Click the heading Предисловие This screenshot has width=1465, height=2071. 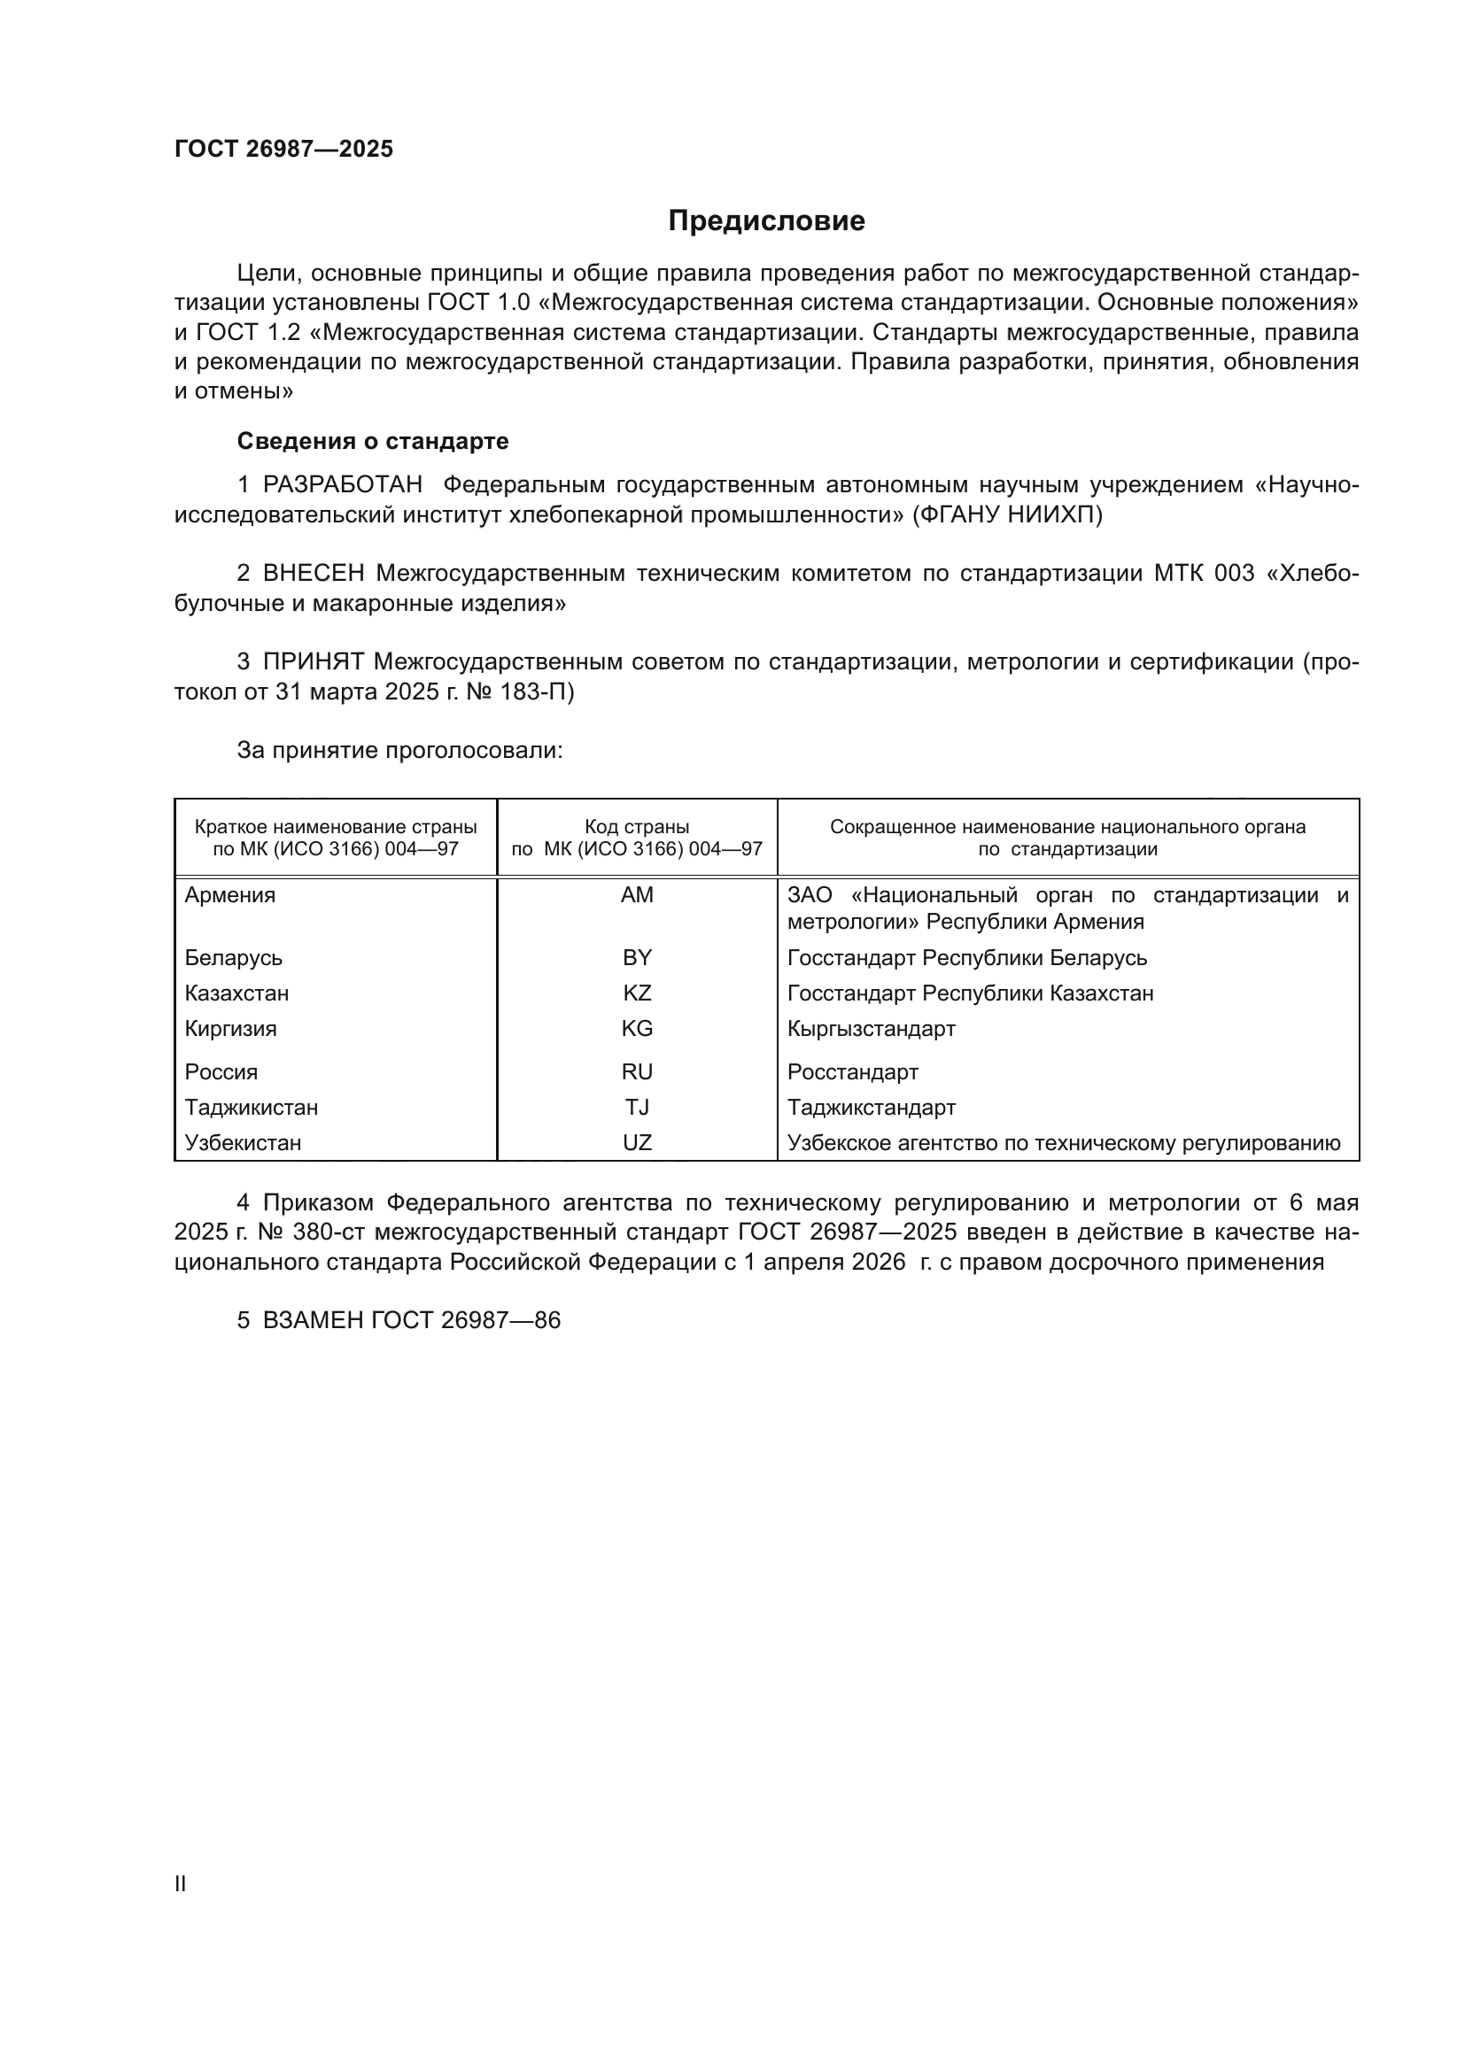click(x=766, y=221)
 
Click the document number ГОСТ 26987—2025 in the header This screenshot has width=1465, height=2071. click(x=283, y=149)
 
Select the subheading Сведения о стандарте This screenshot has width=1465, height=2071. click(x=373, y=441)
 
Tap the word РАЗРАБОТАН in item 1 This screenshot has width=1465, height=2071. click(x=342, y=485)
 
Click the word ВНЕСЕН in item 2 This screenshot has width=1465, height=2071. click(x=313, y=574)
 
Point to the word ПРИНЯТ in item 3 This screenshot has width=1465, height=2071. click(x=313, y=662)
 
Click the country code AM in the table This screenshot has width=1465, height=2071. click(x=637, y=896)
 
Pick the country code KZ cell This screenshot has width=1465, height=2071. click(x=637, y=993)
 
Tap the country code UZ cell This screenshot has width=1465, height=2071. click(x=637, y=1143)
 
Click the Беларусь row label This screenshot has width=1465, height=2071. click(x=234, y=958)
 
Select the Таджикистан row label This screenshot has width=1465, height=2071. click(x=251, y=1108)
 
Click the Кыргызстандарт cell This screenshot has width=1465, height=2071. click(x=871, y=1029)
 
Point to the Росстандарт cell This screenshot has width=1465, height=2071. click(x=852, y=1072)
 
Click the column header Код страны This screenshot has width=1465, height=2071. click(x=637, y=827)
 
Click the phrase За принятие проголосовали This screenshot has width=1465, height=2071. click(x=399, y=751)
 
